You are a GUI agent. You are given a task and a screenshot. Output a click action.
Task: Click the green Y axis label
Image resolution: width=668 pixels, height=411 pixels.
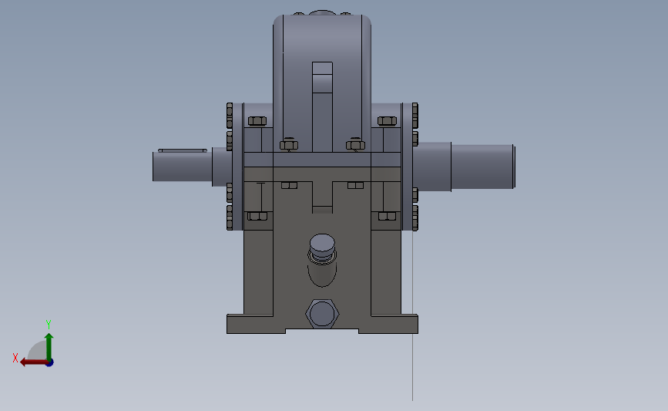(x=48, y=324)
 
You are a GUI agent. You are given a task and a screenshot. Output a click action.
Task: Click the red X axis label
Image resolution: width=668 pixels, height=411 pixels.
(x=15, y=358)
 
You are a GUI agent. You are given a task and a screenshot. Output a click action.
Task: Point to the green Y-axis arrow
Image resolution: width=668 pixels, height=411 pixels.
(x=49, y=344)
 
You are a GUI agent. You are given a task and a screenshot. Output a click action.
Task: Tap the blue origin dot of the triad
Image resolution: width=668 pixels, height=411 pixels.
(x=49, y=362)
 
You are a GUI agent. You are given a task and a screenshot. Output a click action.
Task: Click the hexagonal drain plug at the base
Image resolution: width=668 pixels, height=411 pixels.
(x=322, y=314)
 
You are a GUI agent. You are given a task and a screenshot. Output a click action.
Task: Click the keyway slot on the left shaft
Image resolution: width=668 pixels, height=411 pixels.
(x=182, y=150)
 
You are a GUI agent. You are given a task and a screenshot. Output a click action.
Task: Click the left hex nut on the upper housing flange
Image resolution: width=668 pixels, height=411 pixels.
(x=288, y=144)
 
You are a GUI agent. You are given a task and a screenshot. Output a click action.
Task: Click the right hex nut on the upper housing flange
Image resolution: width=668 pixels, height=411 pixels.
(x=354, y=144)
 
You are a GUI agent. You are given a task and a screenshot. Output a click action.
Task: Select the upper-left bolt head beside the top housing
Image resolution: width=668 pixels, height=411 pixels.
(x=257, y=120)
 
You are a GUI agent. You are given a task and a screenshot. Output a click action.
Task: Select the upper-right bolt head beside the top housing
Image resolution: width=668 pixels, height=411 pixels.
(x=386, y=120)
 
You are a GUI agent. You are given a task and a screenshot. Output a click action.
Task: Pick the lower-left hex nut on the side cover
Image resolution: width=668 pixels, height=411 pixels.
(x=257, y=217)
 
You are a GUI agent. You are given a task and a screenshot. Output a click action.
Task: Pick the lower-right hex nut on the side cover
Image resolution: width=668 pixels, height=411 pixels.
(x=386, y=217)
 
